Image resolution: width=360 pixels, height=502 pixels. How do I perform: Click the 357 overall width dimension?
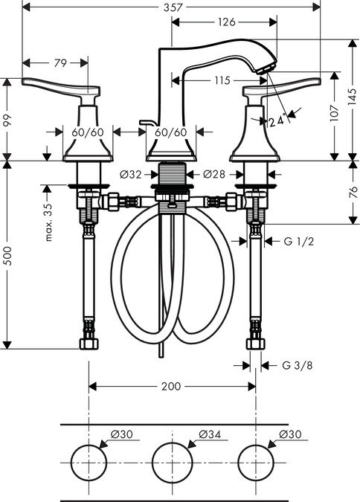[x=173, y=7]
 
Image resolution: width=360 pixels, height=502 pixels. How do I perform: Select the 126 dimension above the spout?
[x=226, y=22]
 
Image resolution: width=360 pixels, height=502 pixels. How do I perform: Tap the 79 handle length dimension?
[x=60, y=63]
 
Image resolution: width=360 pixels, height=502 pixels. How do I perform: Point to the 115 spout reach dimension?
[x=222, y=80]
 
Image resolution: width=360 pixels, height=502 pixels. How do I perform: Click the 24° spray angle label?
[x=277, y=121]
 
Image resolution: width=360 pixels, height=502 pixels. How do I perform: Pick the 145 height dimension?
[x=352, y=97]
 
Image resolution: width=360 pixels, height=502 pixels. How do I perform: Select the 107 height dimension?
[x=335, y=113]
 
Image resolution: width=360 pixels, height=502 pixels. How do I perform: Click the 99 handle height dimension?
[x=7, y=120]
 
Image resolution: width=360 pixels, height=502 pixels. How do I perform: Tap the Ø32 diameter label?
[x=130, y=175]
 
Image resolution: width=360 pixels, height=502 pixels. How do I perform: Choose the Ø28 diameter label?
[x=214, y=174]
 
